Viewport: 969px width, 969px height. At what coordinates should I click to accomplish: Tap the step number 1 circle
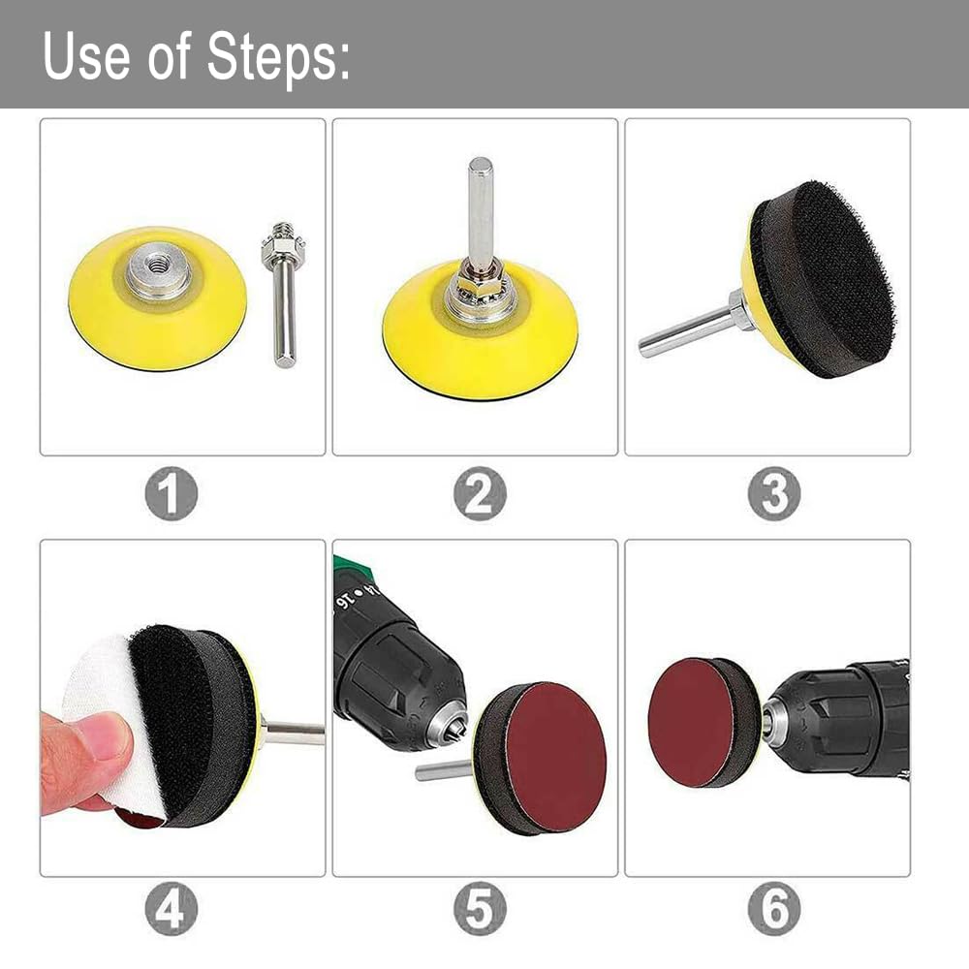172,493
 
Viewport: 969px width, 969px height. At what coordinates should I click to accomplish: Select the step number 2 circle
481,493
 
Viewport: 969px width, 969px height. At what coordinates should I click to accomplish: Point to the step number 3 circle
774,493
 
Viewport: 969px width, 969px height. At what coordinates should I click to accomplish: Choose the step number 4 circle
172,909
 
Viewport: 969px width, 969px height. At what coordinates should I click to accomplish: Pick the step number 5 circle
481,909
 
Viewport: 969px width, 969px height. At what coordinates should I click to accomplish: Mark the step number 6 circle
774,909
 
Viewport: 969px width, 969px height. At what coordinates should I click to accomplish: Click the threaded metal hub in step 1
160,269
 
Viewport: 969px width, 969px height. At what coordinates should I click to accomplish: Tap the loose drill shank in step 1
284,295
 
